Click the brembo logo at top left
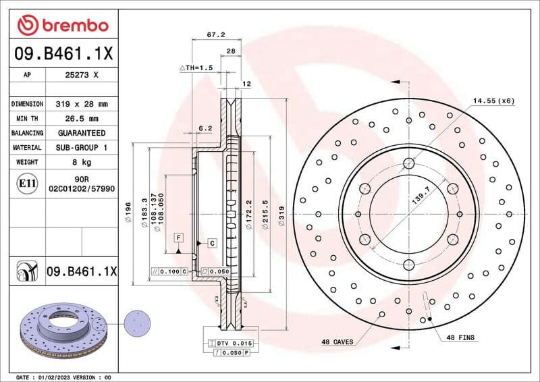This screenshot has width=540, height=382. [63, 26]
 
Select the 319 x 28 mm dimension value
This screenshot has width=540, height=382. [82, 105]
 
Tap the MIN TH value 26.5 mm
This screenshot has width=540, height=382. [82, 119]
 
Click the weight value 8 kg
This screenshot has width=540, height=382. [82, 162]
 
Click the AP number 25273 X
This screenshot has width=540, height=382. [82, 76]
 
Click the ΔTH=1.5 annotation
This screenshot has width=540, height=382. [196, 68]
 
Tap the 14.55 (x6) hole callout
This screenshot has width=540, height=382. [493, 101]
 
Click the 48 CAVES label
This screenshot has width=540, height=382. [337, 342]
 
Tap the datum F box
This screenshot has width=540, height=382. [178, 238]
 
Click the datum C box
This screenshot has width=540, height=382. [211, 242]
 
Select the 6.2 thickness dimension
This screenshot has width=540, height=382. [206, 128]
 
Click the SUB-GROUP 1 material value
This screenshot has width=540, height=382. [82, 147]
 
